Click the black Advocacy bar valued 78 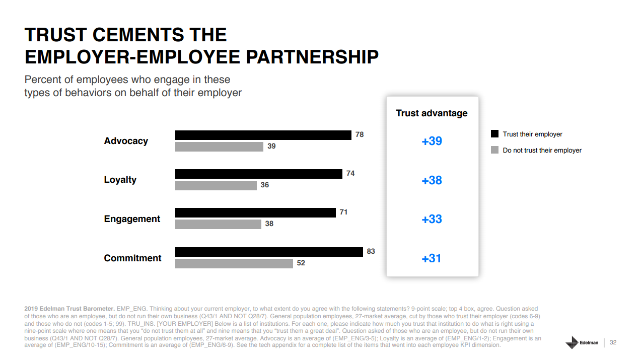(263, 135)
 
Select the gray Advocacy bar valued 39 (219, 147)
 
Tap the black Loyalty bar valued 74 (258, 174)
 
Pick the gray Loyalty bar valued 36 (216, 185)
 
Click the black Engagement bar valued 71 (255, 212)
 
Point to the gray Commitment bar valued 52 (234, 263)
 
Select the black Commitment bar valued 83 (269, 252)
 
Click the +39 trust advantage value (432, 141)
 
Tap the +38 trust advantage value (432, 180)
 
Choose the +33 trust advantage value (432, 219)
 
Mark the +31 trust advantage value (432, 258)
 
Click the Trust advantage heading (432, 113)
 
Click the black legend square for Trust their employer (494, 134)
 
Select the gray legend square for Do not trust (494, 150)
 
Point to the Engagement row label (132, 219)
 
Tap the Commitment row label (132, 258)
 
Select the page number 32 (613, 342)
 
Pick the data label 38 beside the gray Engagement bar (269, 224)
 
